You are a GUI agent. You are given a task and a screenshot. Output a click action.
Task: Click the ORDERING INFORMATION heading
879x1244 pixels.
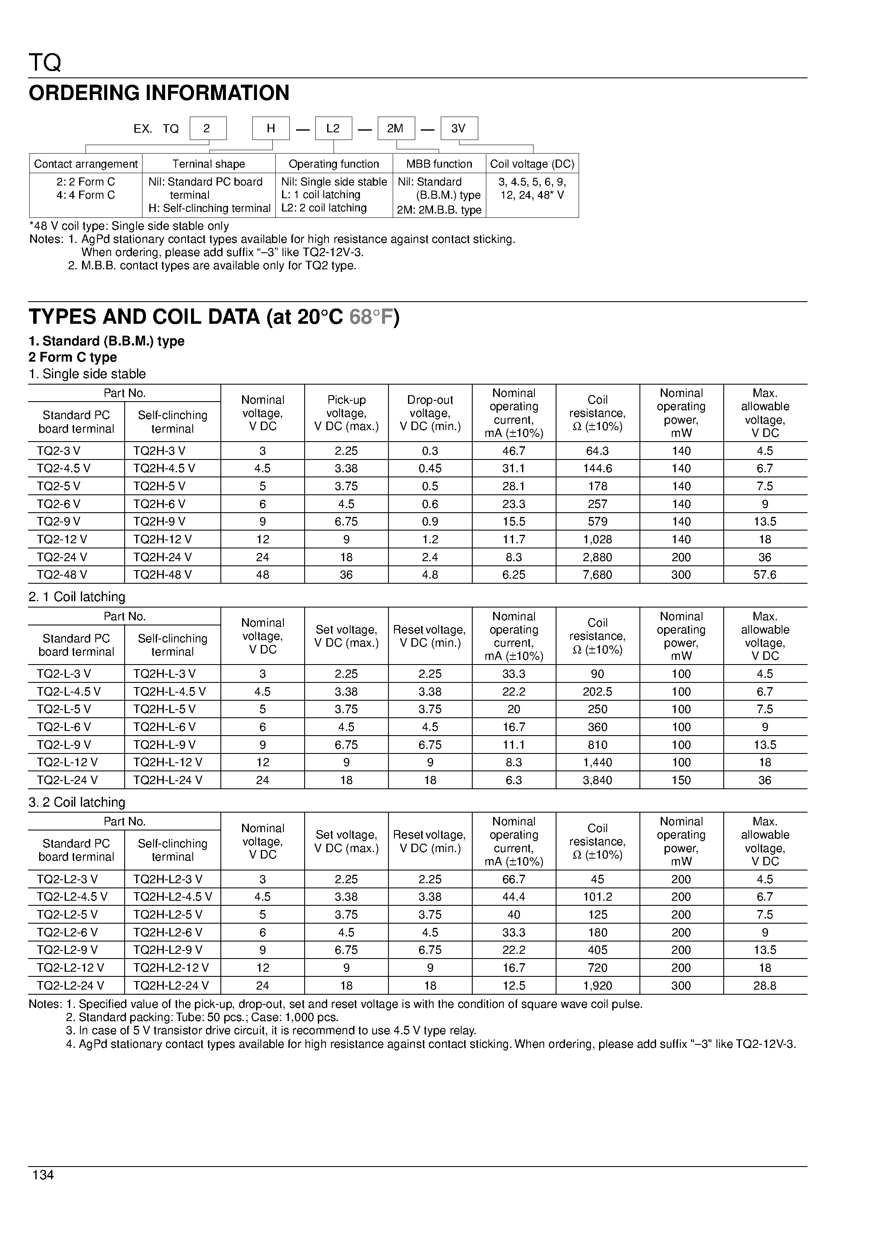click(x=159, y=93)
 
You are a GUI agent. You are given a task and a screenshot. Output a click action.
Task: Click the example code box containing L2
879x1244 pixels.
click(x=333, y=128)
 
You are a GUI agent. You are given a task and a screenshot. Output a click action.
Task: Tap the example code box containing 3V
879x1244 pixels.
click(x=459, y=128)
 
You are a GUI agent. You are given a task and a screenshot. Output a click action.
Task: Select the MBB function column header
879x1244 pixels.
click(x=439, y=164)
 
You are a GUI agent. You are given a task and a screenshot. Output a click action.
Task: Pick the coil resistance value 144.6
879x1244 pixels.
click(x=597, y=468)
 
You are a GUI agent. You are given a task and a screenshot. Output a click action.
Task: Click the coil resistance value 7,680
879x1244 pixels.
click(x=597, y=574)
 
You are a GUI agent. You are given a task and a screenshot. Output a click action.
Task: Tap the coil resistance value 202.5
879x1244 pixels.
click(x=597, y=691)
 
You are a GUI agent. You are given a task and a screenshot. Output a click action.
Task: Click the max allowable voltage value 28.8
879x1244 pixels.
click(x=765, y=986)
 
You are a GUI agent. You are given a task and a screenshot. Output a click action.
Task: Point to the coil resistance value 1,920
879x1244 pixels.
click(x=597, y=986)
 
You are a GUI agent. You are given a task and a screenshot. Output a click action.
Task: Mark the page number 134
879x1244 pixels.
click(x=43, y=1175)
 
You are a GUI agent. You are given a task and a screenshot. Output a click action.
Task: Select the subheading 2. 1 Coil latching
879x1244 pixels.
click(x=77, y=597)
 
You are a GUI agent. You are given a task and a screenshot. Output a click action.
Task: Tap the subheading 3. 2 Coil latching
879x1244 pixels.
click(x=77, y=802)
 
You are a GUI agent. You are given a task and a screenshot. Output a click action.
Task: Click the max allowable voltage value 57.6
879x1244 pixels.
click(x=765, y=574)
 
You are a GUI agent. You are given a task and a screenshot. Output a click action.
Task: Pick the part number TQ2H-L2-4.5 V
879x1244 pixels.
click(x=172, y=897)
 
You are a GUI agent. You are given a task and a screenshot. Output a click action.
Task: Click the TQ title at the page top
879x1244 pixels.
click(x=45, y=63)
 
